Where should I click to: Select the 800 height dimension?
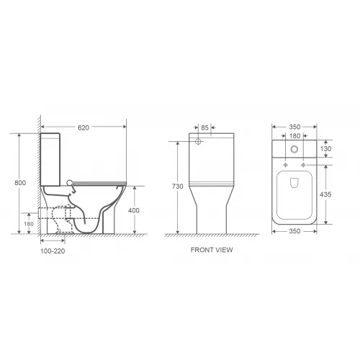(21, 183)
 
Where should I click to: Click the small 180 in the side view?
(30, 223)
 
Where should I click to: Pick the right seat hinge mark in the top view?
(307, 164)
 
